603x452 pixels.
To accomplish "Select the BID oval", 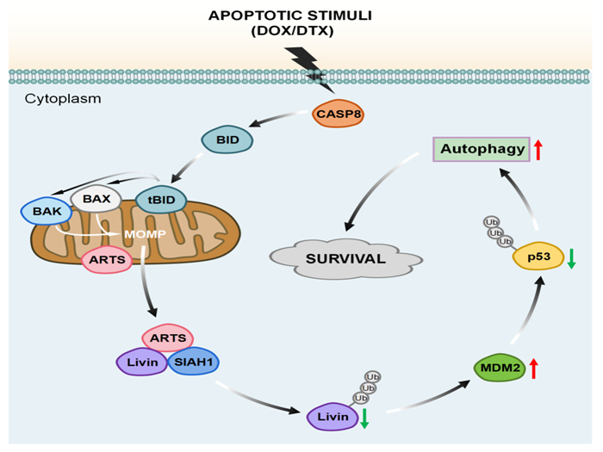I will tap(227, 139).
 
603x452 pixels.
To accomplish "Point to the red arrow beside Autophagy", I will tap(538, 150).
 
